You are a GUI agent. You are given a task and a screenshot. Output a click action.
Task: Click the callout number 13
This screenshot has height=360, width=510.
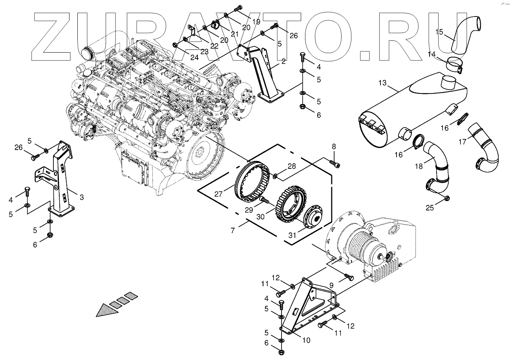click(383, 83)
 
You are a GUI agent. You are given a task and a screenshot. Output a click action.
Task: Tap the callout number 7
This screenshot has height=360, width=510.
click(233, 230)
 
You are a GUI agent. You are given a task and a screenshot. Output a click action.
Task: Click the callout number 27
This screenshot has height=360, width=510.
click(219, 194)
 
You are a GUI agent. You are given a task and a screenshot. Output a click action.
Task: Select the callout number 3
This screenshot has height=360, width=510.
click(82, 197)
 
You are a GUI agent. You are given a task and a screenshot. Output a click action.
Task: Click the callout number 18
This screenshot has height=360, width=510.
click(419, 166)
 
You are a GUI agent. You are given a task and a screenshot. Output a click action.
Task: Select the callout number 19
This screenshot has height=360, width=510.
click(256, 22)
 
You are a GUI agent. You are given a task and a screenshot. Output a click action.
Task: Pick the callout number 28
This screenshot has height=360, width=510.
click(291, 166)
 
